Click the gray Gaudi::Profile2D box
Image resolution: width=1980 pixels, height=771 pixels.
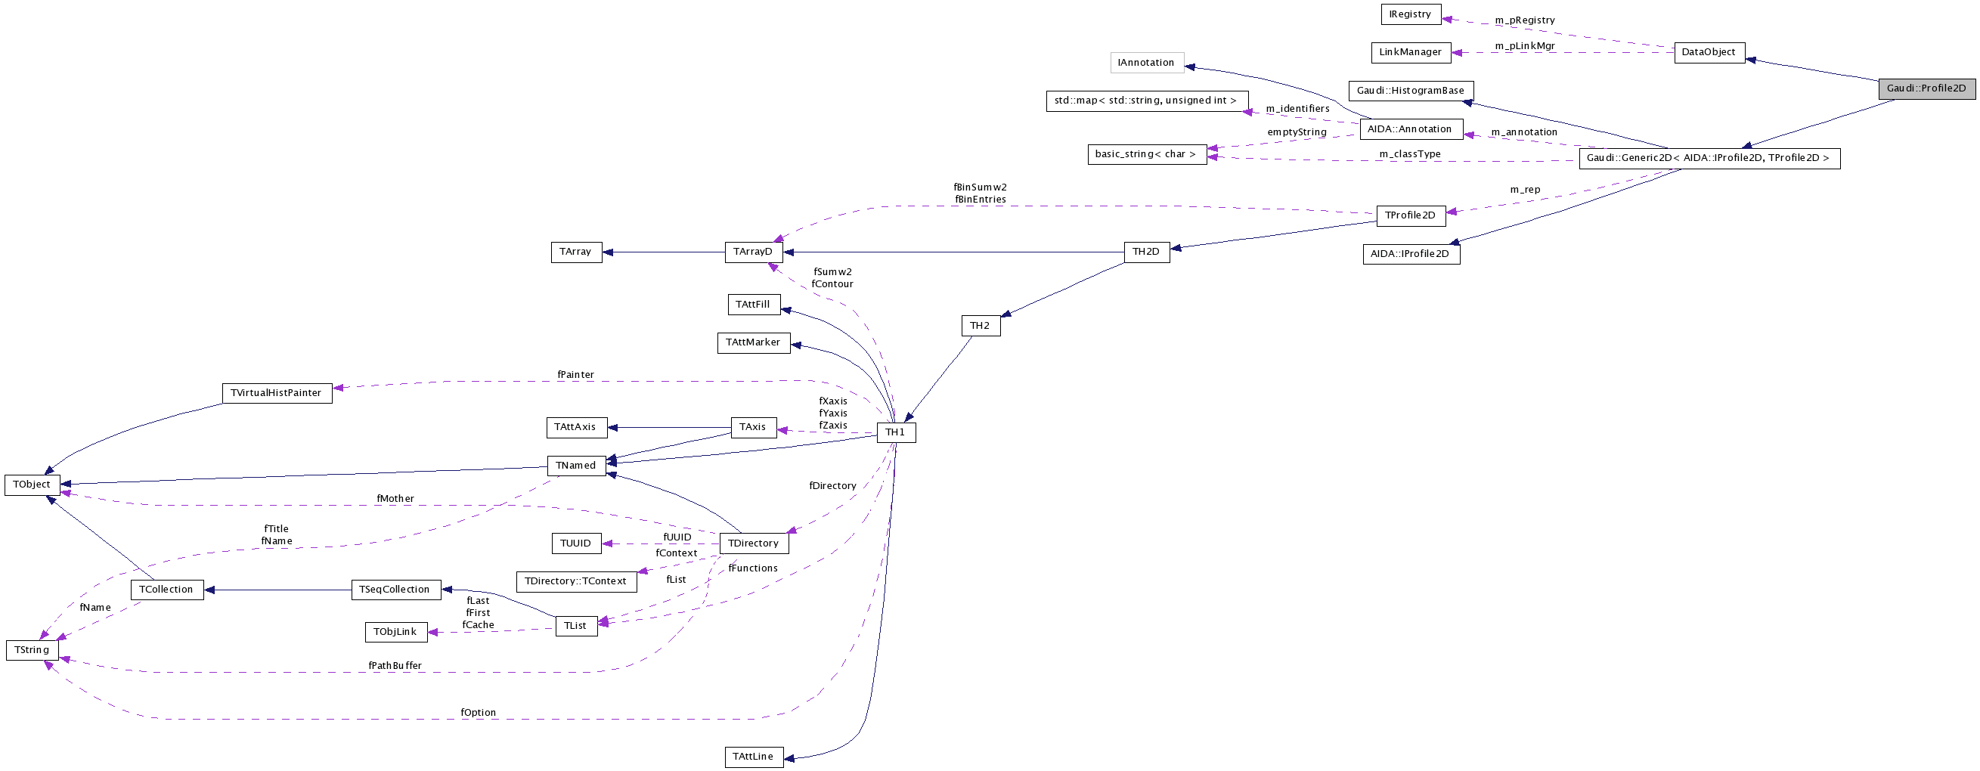click(x=1926, y=88)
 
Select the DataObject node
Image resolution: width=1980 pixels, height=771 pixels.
click(x=1709, y=52)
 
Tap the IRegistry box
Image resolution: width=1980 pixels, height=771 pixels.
click(x=1410, y=14)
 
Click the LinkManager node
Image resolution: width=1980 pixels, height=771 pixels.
click(x=1411, y=52)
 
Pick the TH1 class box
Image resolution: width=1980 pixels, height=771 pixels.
click(x=895, y=432)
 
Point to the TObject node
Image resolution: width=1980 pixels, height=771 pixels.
click(x=32, y=485)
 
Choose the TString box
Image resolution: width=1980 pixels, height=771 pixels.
click(x=32, y=650)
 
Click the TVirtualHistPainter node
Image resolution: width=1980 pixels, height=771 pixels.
click(x=276, y=393)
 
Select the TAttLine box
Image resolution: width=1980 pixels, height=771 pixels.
click(x=753, y=757)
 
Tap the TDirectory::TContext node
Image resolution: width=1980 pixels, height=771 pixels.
click(x=576, y=581)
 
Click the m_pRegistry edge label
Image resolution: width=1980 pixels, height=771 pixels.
click(x=1524, y=20)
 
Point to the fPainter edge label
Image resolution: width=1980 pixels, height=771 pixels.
click(x=576, y=375)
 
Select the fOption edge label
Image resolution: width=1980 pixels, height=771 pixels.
click(x=478, y=713)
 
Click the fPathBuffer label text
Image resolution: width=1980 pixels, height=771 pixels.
click(x=395, y=666)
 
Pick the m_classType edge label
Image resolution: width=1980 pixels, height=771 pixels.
click(x=1410, y=154)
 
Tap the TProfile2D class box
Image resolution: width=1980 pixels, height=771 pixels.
click(x=1410, y=216)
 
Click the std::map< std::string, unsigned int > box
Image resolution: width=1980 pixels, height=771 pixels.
click(x=1145, y=101)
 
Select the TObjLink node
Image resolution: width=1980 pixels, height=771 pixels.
click(x=395, y=632)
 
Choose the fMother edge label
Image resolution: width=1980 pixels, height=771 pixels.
click(x=395, y=499)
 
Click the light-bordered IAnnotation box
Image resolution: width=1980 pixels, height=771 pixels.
click(x=1146, y=63)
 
